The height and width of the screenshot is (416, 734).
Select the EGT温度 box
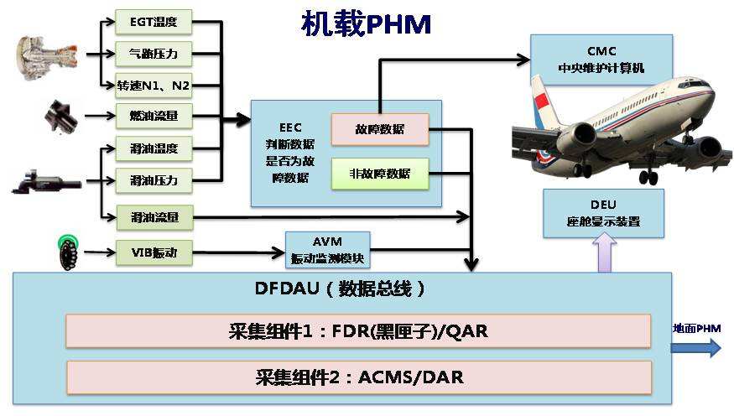point(154,20)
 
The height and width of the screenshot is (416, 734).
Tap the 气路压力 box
point(154,53)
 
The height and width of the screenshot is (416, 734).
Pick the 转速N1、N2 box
point(154,84)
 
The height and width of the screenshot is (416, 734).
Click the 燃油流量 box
point(154,116)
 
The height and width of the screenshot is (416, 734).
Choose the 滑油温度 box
point(154,149)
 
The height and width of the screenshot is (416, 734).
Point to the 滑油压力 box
point(154,179)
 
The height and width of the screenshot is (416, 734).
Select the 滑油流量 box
point(154,218)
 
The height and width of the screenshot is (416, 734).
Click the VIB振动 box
point(154,252)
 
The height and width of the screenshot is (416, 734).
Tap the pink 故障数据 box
point(379,129)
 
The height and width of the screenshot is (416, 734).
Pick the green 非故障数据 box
point(379,174)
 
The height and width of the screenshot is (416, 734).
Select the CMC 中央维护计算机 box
point(601,59)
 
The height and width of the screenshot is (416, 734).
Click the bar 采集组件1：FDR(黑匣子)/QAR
point(359,331)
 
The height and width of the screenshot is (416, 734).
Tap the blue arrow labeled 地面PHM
point(696,347)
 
